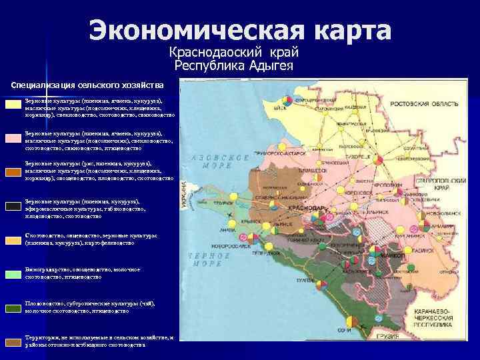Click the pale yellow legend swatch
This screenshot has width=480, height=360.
(x=14, y=105)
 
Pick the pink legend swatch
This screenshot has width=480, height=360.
(x=14, y=137)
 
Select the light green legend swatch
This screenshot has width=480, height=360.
(x=14, y=273)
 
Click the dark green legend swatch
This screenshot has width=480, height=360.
(x=14, y=307)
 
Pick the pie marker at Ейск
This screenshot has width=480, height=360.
(x=286, y=99)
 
